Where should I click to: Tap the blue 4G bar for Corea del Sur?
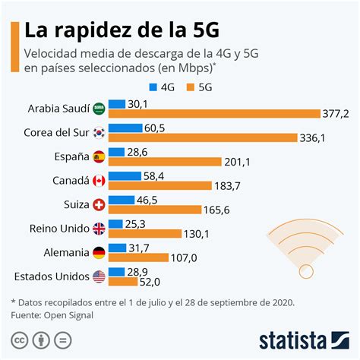(x=125, y=128)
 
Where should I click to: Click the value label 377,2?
(x=336, y=114)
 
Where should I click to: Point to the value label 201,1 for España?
(x=236, y=162)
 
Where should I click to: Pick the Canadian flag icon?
(x=99, y=181)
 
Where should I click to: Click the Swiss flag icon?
(x=99, y=204)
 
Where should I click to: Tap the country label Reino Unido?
(x=59, y=228)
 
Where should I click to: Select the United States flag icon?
(x=99, y=276)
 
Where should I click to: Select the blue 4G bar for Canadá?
(x=125, y=175)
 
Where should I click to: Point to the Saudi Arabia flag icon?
(x=99, y=109)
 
